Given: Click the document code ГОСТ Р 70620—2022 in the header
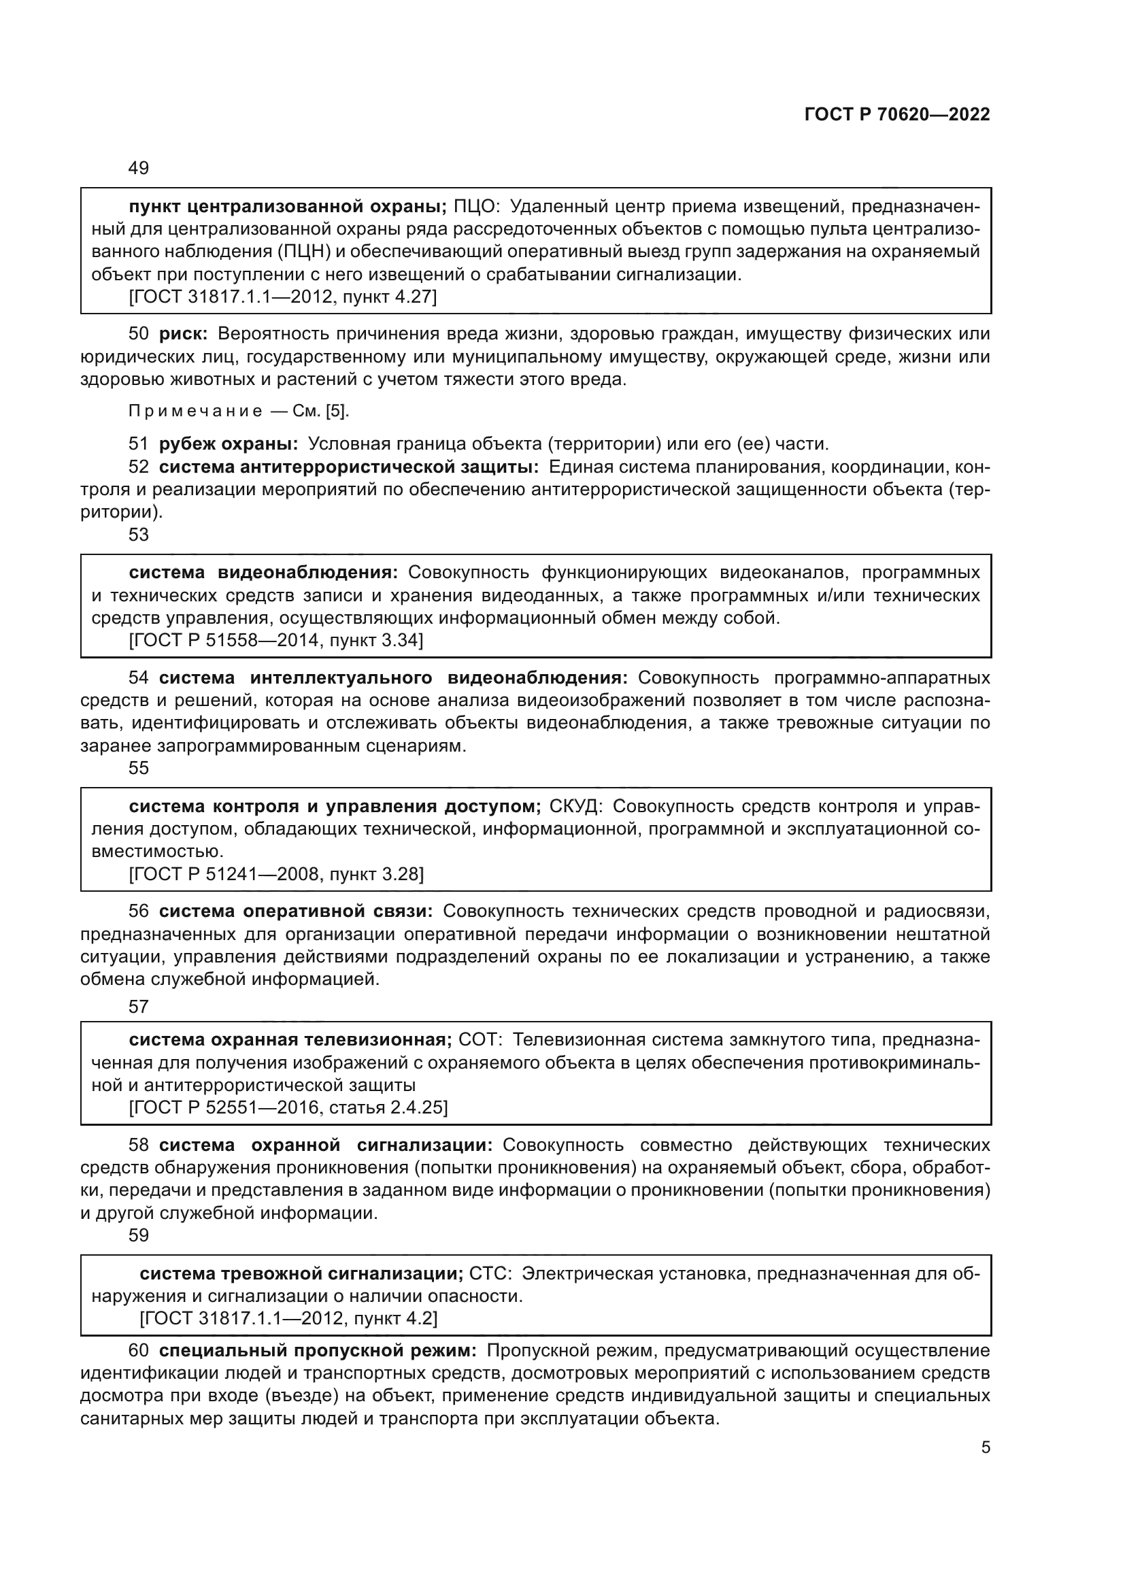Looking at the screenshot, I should (x=897, y=115).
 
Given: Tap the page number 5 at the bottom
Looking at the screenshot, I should (x=986, y=1447).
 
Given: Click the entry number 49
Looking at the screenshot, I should (x=139, y=169).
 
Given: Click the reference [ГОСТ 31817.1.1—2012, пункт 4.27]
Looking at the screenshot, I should (x=284, y=297).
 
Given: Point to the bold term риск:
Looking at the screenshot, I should (x=183, y=334).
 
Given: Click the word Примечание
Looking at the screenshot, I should (x=195, y=412).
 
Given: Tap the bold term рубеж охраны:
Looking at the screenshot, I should (x=229, y=443).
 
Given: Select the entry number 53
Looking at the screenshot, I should (x=139, y=535).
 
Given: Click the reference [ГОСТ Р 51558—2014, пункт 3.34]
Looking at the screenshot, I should (x=276, y=640).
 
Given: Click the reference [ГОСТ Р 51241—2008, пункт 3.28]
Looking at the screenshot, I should (x=276, y=875).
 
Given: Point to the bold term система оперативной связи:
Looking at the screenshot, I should (x=296, y=911).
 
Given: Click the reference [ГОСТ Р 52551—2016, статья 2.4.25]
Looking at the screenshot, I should (x=288, y=1108).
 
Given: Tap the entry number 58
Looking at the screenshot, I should (x=139, y=1145).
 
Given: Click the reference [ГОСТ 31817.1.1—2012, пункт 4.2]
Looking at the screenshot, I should (x=288, y=1319).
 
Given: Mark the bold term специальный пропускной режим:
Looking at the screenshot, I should (x=317, y=1352).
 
